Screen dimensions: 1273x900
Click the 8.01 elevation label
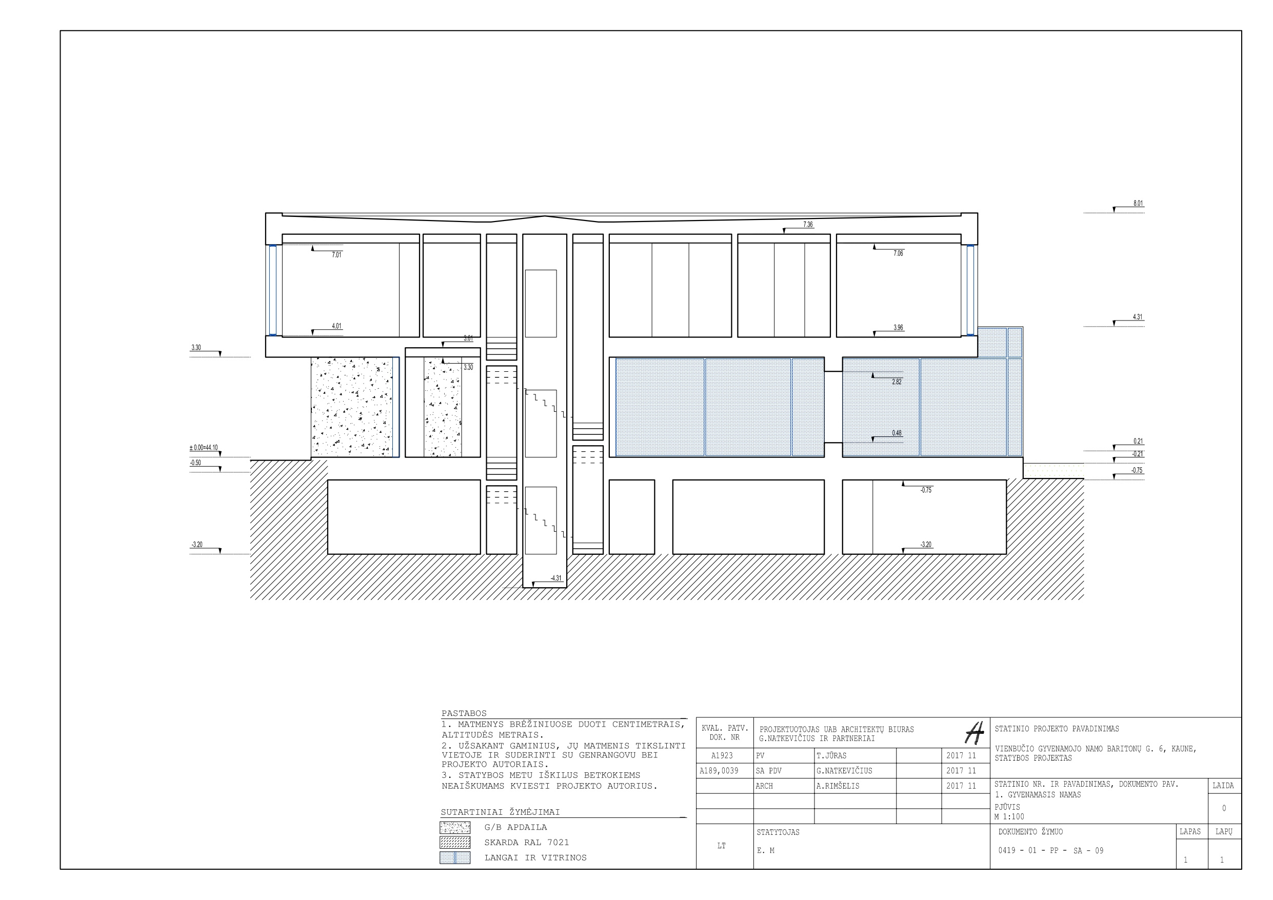[1138, 204]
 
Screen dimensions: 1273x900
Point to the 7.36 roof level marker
[808, 225]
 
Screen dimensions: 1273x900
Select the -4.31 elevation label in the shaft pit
[555, 578]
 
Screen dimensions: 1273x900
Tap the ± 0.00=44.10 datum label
[204, 448]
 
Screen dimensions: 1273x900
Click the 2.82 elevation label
[897, 382]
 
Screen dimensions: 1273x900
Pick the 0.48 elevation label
[897, 433]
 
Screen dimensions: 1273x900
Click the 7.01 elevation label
[336, 254]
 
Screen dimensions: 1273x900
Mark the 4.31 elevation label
[1137, 317]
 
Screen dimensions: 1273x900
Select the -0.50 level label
[195, 463]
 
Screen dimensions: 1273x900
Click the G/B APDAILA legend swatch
[454, 827]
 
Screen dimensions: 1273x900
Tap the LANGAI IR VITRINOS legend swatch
[454, 858]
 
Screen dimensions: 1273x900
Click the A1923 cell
[722, 755]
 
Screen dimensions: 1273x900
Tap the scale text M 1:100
[1009, 816]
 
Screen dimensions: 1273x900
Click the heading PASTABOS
[464, 713]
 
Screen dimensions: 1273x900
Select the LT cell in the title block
[721, 846]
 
